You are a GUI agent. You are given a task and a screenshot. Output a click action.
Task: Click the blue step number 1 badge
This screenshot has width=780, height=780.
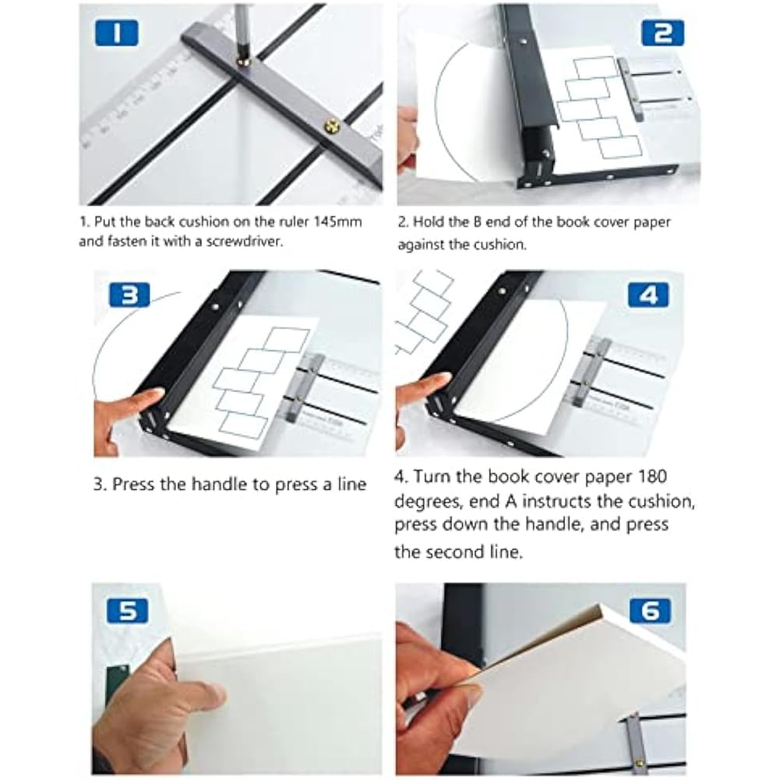(116, 34)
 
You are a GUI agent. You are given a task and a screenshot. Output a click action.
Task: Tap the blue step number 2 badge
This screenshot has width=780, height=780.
(662, 34)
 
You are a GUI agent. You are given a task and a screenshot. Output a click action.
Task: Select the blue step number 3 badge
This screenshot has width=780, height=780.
(129, 295)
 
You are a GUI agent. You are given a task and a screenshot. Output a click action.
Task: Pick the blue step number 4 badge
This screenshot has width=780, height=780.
(649, 295)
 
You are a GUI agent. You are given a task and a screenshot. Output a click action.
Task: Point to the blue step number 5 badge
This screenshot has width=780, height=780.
(127, 611)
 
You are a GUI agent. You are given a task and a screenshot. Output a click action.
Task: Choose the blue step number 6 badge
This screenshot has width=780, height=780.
(650, 610)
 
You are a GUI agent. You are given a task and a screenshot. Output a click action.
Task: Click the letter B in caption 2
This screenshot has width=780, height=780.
(477, 222)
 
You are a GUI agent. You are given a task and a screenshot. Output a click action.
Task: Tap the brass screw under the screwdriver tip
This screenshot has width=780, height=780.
(243, 62)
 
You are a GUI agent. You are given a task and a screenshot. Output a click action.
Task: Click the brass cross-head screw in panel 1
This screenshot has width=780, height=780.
(331, 126)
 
